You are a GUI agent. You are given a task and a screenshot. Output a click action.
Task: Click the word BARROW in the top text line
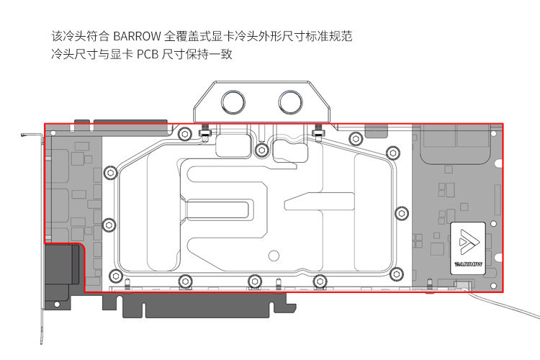click(136, 35)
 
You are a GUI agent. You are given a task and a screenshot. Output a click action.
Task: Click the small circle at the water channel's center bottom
click(272, 255)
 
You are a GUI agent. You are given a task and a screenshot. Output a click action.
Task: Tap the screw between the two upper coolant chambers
click(262, 150)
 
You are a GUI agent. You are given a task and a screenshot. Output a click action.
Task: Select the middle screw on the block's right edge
click(400, 213)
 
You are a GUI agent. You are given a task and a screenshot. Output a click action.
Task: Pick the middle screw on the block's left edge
click(109, 225)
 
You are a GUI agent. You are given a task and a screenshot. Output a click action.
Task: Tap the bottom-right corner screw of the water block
click(395, 274)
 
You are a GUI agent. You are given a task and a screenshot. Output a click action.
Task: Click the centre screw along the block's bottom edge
click(253, 282)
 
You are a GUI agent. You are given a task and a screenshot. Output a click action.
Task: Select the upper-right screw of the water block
click(392, 152)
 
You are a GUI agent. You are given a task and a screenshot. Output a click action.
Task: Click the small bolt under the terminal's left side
click(204, 132)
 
